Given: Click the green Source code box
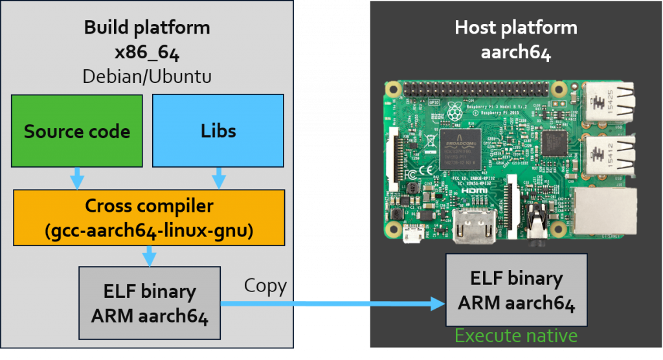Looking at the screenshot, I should click(77, 131).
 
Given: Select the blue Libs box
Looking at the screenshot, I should click(218, 131).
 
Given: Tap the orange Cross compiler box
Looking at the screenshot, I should click(149, 218).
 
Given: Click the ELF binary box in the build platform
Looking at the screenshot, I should click(149, 302).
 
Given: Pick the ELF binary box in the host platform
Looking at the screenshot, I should click(516, 289).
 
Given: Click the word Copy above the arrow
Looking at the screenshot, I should click(265, 286).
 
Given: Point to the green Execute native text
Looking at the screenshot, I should click(515, 336).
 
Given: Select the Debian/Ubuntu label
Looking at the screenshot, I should click(147, 76).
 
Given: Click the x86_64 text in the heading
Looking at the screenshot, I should click(147, 52).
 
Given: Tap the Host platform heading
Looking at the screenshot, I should click(516, 28).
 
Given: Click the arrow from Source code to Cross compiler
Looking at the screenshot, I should click(77, 177).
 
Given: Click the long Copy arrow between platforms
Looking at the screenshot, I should click(330, 303).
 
